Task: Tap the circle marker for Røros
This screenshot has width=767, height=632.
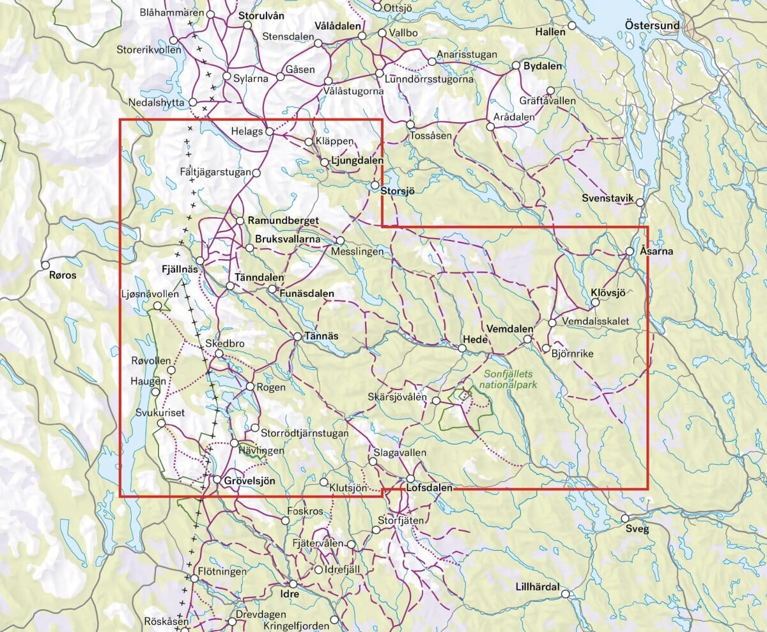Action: click(45, 265)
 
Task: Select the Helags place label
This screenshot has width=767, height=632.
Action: click(247, 132)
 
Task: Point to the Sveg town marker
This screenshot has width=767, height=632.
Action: click(626, 518)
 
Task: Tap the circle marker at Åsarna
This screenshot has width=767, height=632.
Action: click(630, 251)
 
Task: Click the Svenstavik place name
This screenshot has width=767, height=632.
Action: click(607, 199)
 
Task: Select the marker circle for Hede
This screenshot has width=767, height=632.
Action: click(462, 348)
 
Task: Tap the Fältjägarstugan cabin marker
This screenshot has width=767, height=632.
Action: click(256, 173)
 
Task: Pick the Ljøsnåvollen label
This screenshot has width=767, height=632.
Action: click(150, 294)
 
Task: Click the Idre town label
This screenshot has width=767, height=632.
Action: click(290, 594)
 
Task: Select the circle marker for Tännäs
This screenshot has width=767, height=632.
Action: click(298, 336)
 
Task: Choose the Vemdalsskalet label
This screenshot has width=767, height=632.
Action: click(596, 321)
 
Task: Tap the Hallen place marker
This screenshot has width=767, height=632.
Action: click(572, 25)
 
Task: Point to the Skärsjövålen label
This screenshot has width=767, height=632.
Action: click(397, 397)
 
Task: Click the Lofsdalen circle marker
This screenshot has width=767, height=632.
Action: click(410, 478)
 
